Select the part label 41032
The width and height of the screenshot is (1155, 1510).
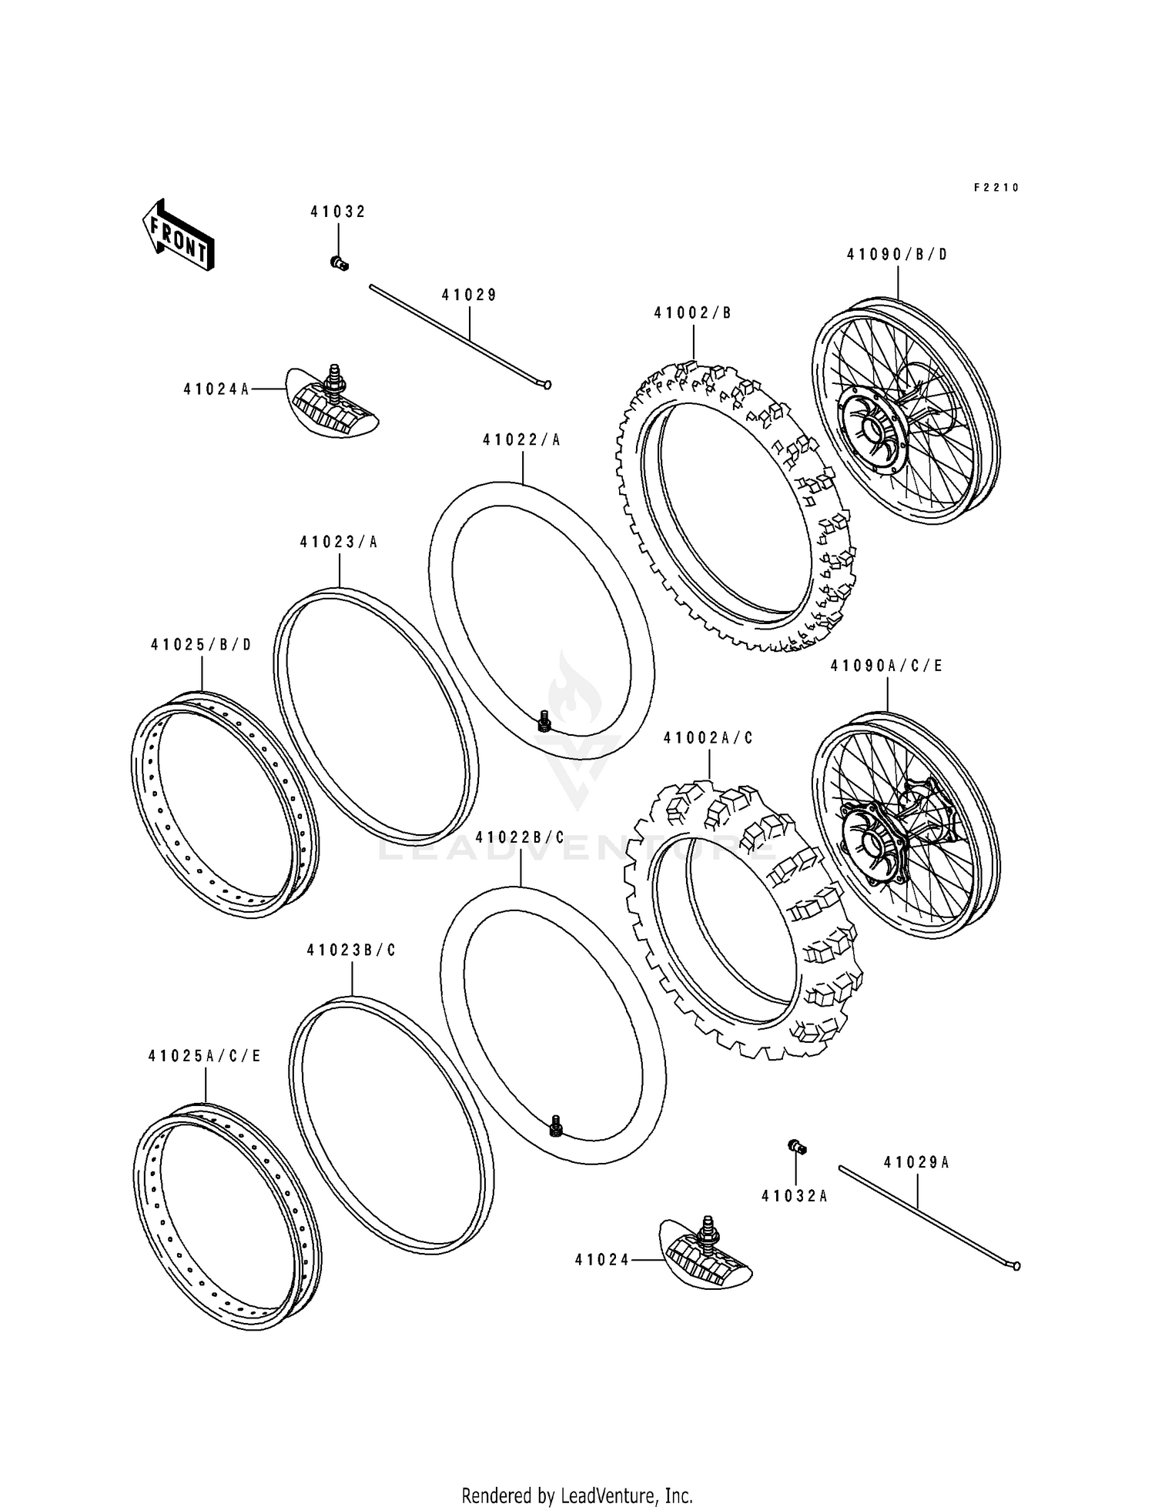tap(338, 212)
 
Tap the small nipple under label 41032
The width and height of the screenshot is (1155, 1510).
tap(339, 263)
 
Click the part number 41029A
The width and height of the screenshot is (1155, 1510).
tap(916, 1163)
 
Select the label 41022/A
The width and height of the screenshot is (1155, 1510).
tap(522, 440)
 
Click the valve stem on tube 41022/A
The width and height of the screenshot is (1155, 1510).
tap(544, 720)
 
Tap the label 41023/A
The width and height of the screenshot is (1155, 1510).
tap(339, 542)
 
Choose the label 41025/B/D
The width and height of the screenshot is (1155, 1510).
tap(201, 645)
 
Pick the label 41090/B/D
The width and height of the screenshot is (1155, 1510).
tap(897, 254)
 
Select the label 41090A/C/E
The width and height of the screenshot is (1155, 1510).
tap(886, 666)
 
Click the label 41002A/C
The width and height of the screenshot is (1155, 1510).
tap(708, 738)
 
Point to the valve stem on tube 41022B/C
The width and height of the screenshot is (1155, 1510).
tap(554, 1127)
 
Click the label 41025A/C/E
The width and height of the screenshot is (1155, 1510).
tap(205, 1057)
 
